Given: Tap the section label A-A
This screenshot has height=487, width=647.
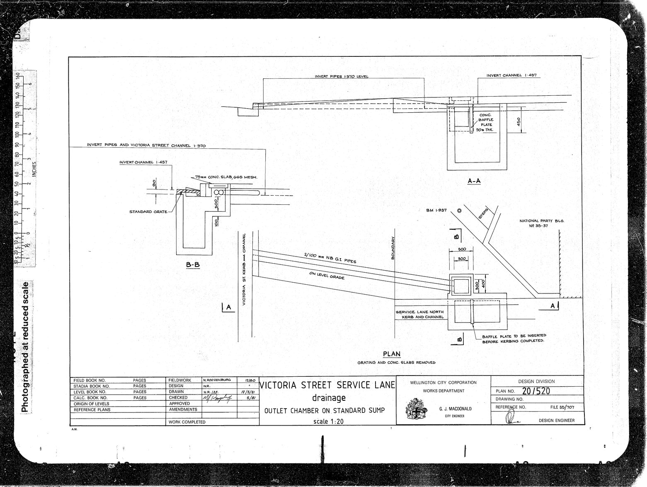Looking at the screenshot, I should tap(473, 181).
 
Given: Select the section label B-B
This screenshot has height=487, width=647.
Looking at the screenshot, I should tap(193, 265).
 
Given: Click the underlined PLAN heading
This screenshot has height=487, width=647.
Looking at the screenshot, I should tap(392, 354).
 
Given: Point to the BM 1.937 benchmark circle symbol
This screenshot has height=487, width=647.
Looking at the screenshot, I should tap(459, 211).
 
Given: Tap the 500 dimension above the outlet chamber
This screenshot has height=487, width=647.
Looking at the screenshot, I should tap(462, 249).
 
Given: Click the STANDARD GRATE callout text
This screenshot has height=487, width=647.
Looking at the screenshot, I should tap(148, 212).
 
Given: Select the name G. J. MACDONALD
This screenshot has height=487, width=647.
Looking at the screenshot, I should tap(455, 409).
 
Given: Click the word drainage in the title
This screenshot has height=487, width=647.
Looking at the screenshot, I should tap(327, 398).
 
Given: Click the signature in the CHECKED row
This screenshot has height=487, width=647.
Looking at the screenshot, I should tap(217, 398).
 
